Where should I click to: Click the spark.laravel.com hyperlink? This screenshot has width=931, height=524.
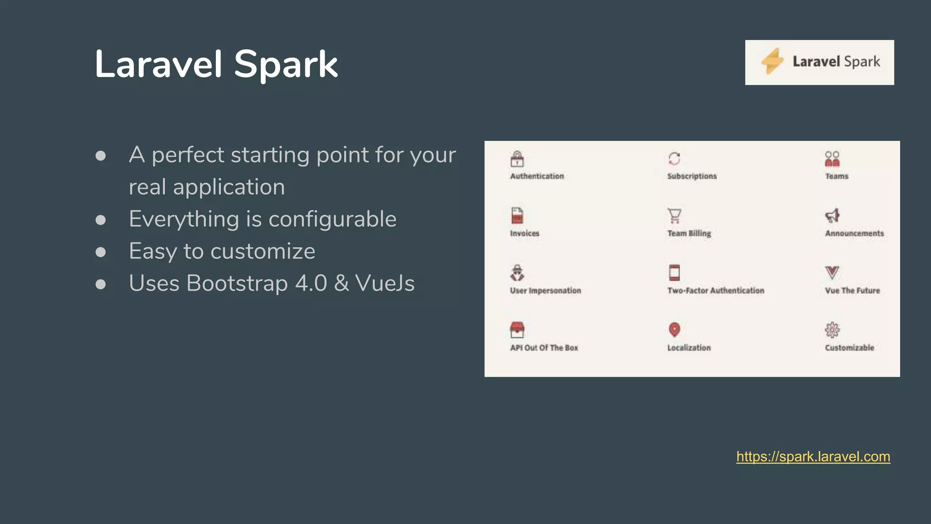tap(813, 457)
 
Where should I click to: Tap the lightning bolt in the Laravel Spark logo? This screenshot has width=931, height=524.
tap(772, 61)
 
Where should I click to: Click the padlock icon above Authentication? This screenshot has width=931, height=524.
tap(517, 159)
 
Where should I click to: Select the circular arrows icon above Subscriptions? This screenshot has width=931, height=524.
tap(674, 159)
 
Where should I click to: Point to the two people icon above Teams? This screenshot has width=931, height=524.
tap(832, 159)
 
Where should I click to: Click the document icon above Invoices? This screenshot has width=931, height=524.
tap(517, 216)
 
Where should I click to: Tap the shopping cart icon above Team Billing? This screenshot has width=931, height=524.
tap(674, 216)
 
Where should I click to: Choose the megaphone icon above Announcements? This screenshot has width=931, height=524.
tap(832, 216)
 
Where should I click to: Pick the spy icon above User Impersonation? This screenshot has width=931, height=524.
tap(517, 273)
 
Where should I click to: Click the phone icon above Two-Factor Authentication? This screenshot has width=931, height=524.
tap(674, 273)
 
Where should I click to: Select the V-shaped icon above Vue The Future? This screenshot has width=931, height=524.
tap(832, 273)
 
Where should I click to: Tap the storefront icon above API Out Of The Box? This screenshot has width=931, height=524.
tap(517, 330)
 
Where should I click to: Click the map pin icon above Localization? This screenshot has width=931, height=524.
tap(674, 330)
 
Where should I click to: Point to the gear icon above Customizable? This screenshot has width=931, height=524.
tap(832, 330)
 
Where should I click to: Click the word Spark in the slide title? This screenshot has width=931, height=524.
tap(285, 65)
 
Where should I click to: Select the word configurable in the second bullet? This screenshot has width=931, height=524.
tap(332, 219)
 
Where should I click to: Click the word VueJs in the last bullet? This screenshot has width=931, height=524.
tap(385, 283)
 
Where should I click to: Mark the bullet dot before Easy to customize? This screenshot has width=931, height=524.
tap(100, 252)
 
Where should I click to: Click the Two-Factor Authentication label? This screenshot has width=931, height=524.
tap(716, 291)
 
